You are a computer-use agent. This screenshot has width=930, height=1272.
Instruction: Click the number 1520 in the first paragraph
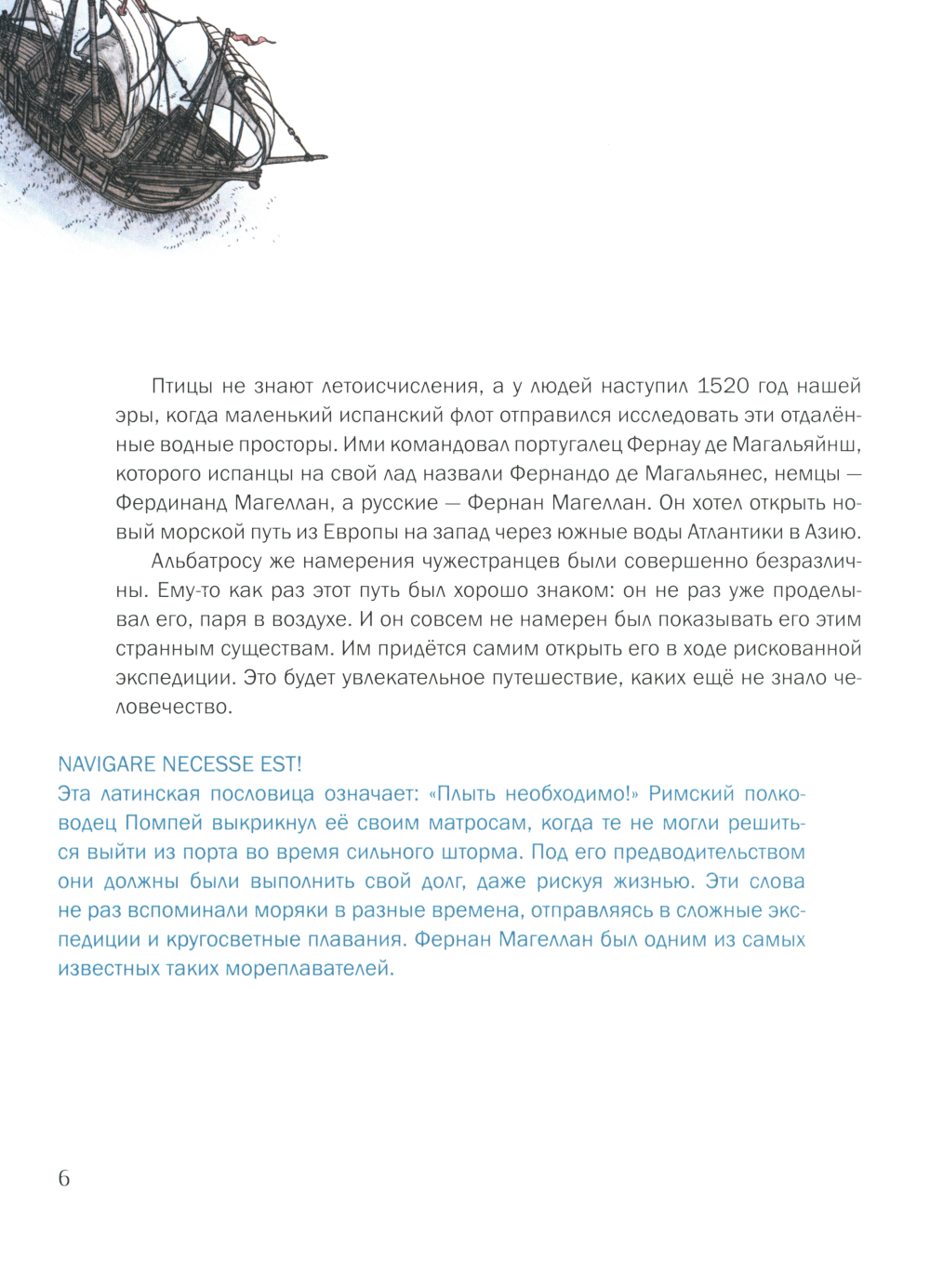pyautogui.click(x=723, y=386)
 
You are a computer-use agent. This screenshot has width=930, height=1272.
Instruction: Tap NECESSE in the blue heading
pyautogui.click(x=206, y=764)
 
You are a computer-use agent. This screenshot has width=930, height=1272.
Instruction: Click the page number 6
pyautogui.click(x=63, y=1178)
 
